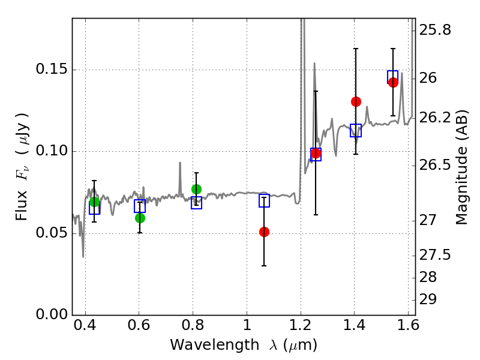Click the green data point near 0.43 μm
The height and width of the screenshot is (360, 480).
click(94, 202)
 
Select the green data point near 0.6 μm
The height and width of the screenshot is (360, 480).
click(140, 218)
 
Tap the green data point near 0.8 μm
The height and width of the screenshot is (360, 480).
click(196, 189)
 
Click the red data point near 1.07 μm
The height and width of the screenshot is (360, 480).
click(264, 232)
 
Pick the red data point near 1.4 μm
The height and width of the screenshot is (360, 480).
click(356, 101)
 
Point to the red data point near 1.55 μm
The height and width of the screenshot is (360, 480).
click(393, 82)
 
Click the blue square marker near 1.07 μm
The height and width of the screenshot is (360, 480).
click(264, 201)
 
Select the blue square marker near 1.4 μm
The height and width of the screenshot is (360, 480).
click(356, 130)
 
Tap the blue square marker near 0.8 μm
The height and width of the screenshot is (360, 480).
click(196, 203)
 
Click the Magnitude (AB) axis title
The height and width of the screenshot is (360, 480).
click(462, 167)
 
